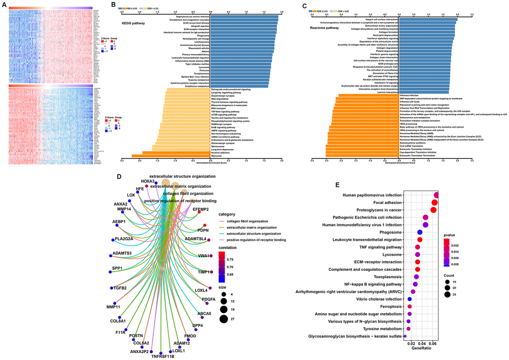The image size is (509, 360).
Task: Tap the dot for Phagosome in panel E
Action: click(x=420, y=232)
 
